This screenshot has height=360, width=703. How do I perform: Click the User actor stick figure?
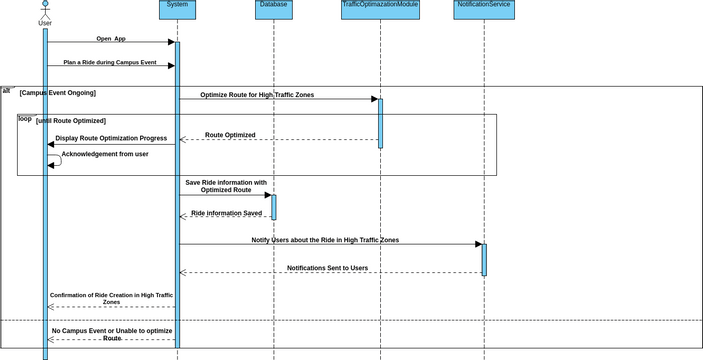tap(44, 9)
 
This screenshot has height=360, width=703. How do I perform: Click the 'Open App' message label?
tap(111, 39)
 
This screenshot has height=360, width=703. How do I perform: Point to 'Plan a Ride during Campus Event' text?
tap(110, 62)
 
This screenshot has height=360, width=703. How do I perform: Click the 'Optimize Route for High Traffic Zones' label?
tap(257, 95)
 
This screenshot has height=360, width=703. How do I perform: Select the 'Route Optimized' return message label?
tap(230, 135)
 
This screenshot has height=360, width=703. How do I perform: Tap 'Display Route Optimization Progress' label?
tap(111, 138)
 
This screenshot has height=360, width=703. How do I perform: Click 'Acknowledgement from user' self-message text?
tap(105, 154)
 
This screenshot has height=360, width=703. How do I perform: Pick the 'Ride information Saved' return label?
tap(226, 213)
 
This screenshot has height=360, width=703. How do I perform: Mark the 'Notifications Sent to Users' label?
tap(327, 268)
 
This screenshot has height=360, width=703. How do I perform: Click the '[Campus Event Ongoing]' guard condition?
tap(57, 92)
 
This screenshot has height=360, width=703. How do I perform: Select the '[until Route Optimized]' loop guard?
tap(70, 120)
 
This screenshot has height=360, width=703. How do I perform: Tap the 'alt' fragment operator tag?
tap(7, 91)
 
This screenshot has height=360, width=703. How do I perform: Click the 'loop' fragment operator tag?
tap(25, 118)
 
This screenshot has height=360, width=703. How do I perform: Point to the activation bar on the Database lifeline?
tap(273, 207)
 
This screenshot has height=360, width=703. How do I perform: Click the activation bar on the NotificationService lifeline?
tap(484, 259)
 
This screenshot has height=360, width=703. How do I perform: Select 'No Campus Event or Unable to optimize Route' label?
tap(112, 334)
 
